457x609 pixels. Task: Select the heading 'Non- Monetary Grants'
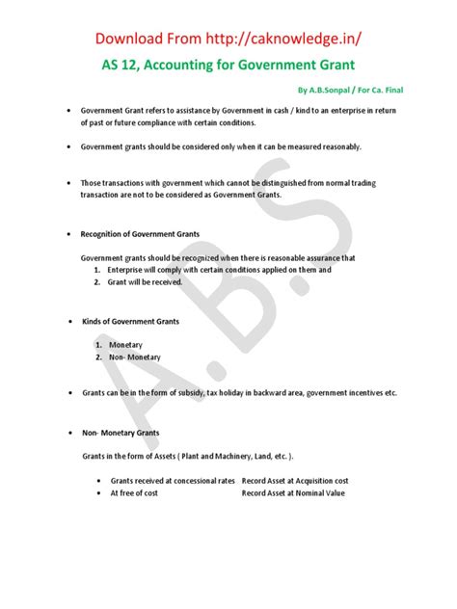pos(121,434)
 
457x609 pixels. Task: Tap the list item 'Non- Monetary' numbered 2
pos(134,357)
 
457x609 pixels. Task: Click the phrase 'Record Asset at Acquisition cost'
pos(295,480)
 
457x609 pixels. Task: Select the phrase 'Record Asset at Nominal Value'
pos(292,492)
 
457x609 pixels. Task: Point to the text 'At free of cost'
pos(134,492)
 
